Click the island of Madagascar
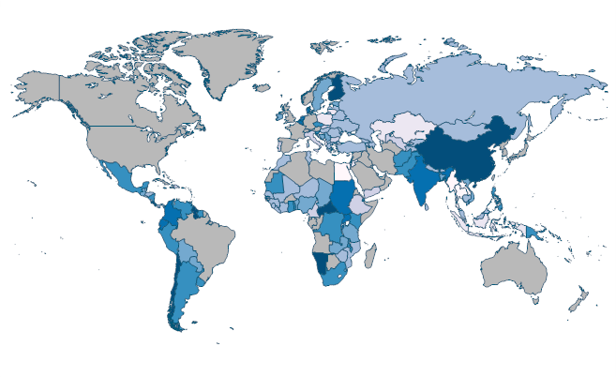point(370,256)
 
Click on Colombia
point(171,214)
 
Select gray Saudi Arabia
point(370,178)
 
